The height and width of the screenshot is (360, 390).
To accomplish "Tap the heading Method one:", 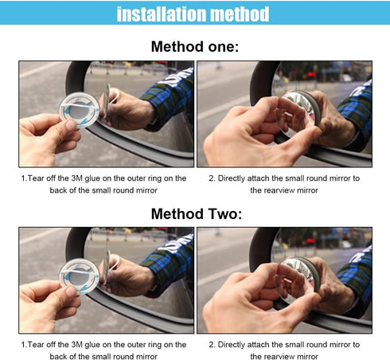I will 194,46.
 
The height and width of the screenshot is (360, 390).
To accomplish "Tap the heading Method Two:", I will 194,213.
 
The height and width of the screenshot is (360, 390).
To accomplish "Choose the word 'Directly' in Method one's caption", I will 232,178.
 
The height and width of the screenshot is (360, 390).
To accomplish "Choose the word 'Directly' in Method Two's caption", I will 232,345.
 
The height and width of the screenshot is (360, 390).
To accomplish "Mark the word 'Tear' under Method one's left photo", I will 36,178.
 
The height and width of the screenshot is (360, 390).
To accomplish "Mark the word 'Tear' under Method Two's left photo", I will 36,345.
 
